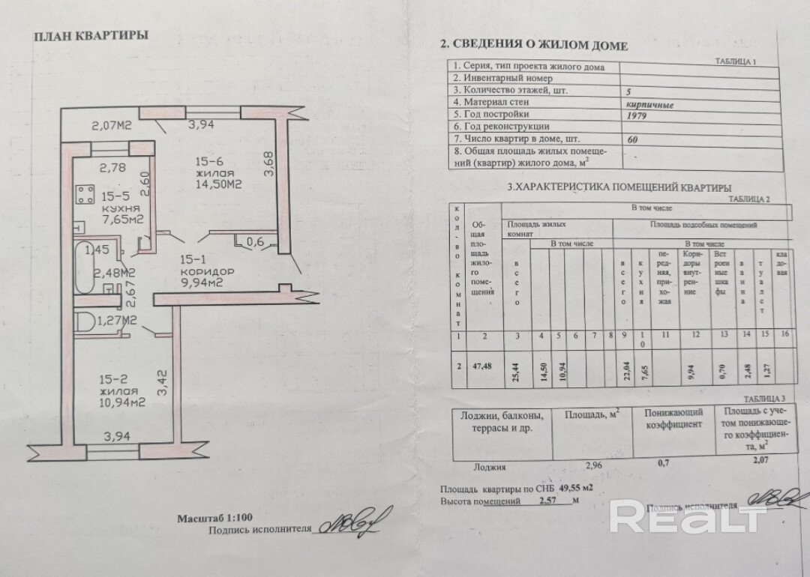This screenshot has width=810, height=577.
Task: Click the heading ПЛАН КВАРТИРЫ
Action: (91, 35)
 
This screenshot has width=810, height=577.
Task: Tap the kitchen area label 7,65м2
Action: (124, 219)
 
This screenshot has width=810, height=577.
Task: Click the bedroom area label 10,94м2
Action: (121, 402)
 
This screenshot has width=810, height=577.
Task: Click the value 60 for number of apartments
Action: (632, 139)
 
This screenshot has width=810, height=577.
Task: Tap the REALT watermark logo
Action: (688, 516)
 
